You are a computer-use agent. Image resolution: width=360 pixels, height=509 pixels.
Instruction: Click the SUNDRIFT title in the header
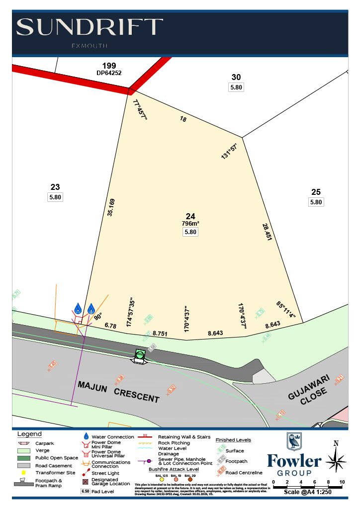click(90, 27)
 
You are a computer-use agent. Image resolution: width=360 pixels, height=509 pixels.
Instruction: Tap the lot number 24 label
click(190, 216)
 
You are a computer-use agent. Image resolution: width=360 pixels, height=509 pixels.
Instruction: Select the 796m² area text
click(190, 224)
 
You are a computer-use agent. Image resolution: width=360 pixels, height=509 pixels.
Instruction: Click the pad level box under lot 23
click(55, 197)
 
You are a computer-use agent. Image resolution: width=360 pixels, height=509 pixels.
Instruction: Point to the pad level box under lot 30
click(236, 87)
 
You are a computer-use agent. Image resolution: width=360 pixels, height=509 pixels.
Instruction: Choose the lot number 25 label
click(316, 192)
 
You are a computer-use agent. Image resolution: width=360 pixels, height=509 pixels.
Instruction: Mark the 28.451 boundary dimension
click(268, 232)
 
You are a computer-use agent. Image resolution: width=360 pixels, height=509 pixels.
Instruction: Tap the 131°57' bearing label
click(229, 151)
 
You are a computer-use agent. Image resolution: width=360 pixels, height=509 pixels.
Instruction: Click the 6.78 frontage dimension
click(110, 326)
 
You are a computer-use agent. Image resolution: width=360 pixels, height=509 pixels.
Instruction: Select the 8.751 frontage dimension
click(161, 333)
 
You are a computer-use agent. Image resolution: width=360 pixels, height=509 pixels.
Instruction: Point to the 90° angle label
click(97, 315)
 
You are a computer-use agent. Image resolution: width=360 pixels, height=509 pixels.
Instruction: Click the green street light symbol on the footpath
click(140, 354)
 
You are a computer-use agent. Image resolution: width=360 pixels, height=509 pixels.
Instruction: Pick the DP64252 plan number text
click(109, 73)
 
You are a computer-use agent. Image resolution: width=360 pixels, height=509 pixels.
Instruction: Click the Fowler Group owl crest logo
click(294, 441)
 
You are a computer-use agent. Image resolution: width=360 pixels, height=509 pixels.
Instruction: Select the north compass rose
click(336, 458)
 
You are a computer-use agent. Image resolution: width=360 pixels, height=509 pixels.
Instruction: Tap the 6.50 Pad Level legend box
click(86, 491)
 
